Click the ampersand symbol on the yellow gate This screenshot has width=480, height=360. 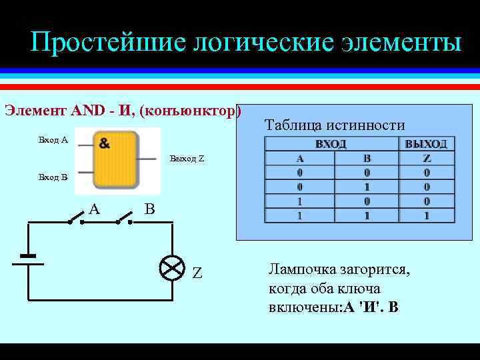tap(105, 143)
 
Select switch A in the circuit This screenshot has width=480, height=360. tap(75, 218)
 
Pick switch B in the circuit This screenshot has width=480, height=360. tap(126, 217)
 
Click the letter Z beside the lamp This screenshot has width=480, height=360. tap(197, 273)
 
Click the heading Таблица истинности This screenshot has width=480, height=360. tap(335, 125)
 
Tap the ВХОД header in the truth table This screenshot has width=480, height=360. tap(331, 145)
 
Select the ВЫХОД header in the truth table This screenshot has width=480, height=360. tap(426, 145)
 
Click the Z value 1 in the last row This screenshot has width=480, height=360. tap(427, 216)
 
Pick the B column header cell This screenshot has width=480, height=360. tap(366, 159)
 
